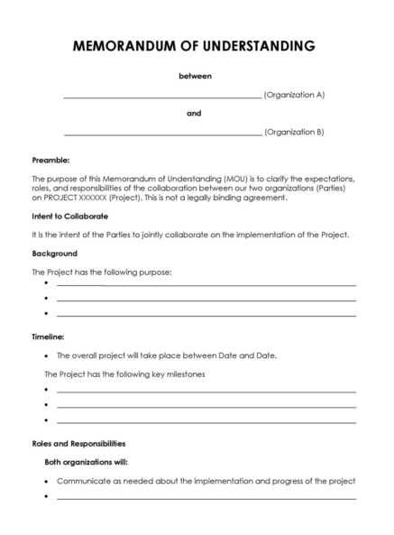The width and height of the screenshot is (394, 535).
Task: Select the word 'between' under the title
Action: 195,77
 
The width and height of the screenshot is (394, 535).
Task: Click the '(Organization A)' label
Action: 294,95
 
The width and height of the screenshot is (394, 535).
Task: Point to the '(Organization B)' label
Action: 294,132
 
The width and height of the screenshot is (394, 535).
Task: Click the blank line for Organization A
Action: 162,97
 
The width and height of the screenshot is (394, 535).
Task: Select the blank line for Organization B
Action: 162,134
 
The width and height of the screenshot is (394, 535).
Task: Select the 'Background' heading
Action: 54,254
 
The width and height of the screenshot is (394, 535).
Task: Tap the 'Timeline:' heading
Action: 49,336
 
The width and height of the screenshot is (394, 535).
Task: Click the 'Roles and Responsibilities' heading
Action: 78,443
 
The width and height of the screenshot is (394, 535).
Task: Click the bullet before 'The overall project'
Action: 46,355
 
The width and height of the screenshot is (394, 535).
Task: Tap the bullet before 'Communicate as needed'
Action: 46,481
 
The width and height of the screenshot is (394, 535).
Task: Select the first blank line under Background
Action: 206,285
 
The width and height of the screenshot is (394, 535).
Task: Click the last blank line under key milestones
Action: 206,421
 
